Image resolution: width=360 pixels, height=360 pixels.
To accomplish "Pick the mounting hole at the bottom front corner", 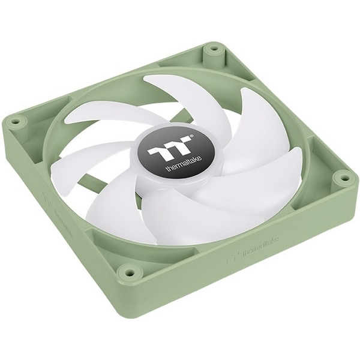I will [x=128, y=272].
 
